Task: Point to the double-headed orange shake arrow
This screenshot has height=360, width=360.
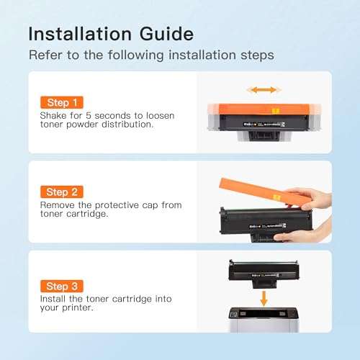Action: coord(262,90)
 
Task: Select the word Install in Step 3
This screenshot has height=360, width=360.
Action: coord(55,300)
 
